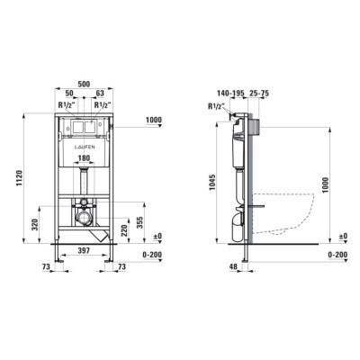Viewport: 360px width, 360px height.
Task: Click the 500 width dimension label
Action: pyautogui.click(x=84, y=85)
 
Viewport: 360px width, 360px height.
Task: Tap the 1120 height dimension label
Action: pyautogui.click(x=19, y=178)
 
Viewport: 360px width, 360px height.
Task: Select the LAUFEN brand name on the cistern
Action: pyautogui.click(x=85, y=147)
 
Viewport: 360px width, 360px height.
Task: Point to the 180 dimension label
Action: pyautogui.click(x=84, y=157)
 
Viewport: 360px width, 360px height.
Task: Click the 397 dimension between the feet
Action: pyautogui.click(x=84, y=250)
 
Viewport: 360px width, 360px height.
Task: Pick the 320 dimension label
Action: pyautogui.click(x=35, y=224)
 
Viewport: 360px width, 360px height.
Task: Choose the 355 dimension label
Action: pyautogui.click(x=139, y=222)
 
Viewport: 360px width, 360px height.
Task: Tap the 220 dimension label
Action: pyautogui.click(x=124, y=230)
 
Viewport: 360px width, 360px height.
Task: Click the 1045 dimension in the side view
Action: pyautogui.click(x=211, y=183)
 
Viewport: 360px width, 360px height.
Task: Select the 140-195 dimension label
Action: pyautogui.click(x=230, y=94)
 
